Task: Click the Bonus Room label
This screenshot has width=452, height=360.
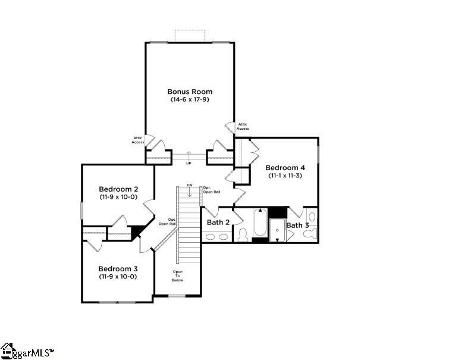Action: pos(189,92)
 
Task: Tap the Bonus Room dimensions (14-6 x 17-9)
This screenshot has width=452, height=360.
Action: pos(189,99)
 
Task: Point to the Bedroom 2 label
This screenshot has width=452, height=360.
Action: pos(118,189)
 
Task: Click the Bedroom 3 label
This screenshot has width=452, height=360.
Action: pos(118,268)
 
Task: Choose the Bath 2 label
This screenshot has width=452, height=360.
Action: pos(218,223)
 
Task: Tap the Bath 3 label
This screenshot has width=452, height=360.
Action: pos(297,225)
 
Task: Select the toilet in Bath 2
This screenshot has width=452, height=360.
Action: pos(242,235)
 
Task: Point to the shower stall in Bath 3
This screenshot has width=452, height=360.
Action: pos(278,230)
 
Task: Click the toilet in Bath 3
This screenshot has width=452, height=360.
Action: pos(309,233)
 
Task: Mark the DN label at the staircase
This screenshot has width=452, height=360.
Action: pos(190,186)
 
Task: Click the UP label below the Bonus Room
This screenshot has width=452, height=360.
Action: pos(189,162)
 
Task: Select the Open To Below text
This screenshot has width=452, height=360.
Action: pos(178,276)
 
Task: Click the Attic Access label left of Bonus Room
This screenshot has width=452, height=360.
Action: pos(138,140)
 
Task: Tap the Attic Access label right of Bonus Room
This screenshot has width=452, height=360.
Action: pos(243,127)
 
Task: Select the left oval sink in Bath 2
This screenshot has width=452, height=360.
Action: pos(211,236)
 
